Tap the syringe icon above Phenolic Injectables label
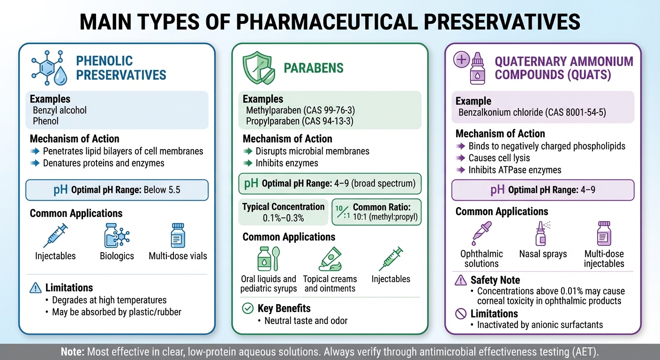click(55, 235)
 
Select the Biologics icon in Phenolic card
click(117, 235)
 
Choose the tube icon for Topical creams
click(330, 258)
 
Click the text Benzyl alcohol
click(60, 111)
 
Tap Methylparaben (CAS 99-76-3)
click(300, 111)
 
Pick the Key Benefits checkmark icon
click(247, 308)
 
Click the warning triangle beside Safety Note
click(461, 280)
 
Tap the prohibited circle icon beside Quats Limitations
click(461, 314)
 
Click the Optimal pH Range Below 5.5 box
click(117, 190)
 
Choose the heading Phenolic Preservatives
click(121, 68)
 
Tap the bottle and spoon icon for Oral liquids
click(268, 258)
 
